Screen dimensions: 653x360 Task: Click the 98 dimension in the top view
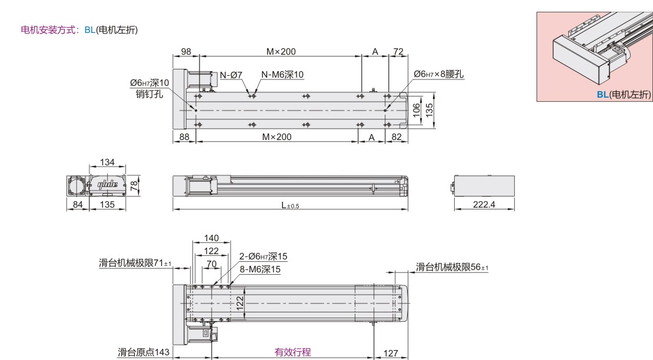[186, 52]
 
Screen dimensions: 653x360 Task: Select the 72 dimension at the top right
[398, 52]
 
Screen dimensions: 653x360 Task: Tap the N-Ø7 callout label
[231, 75]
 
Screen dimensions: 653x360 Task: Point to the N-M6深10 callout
[282, 75]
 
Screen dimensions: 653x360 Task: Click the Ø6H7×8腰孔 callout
[438, 74]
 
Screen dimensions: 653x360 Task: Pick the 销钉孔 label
[149, 94]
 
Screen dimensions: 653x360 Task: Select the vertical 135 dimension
[429, 110]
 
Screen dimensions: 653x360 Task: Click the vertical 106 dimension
[417, 110]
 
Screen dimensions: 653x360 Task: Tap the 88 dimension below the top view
[184, 137]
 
